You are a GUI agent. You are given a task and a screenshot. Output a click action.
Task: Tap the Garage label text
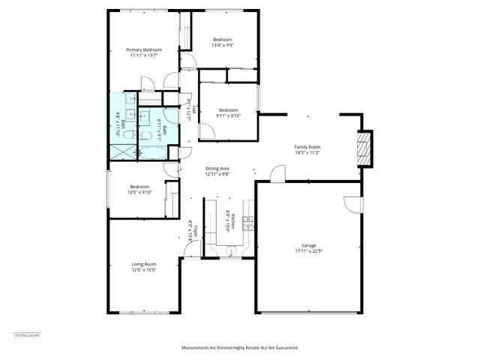(x=309, y=245)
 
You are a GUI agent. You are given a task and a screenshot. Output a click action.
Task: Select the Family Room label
(x=307, y=146)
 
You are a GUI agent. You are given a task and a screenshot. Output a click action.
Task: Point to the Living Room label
(x=144, y=264)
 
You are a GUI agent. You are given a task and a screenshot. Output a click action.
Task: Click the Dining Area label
(x=217, y=169)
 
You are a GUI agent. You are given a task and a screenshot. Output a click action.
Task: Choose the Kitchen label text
(x=234, y=220)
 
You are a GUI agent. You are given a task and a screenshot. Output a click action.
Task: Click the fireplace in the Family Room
(x=364, y=148)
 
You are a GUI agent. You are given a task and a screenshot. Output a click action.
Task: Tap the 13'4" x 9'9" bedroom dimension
(x=223, y=45)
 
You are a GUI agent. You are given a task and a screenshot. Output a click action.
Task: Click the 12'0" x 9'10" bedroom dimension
(x=140, y=193)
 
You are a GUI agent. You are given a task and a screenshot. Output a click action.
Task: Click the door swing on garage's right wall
(x=353, y=203)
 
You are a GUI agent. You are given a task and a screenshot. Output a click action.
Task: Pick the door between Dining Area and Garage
(x=277, y=176)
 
